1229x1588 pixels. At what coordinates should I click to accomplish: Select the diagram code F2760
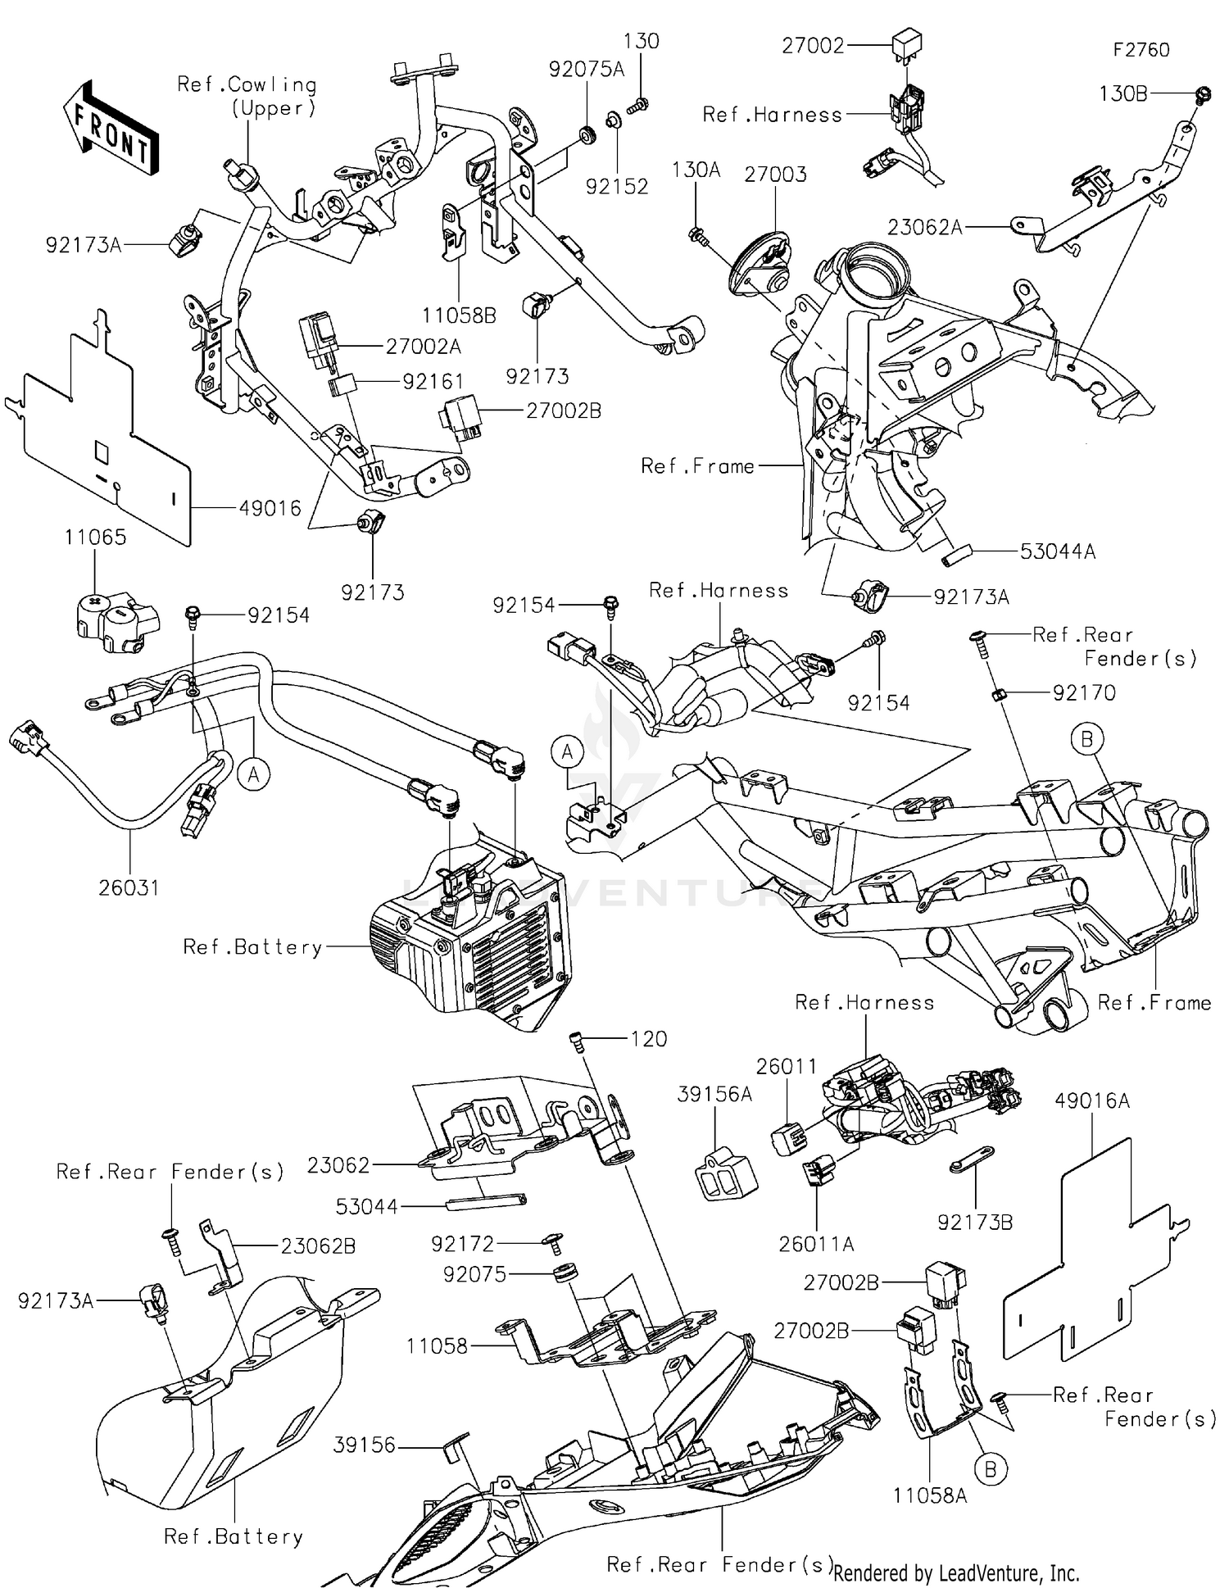click(1141, 50)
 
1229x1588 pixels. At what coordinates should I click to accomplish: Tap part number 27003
click(775, 174)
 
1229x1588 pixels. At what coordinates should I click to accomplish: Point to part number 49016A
click(1091, 1100)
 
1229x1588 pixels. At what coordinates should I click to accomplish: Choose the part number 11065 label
click(96, 537)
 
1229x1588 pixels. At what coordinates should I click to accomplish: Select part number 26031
click(129, 887)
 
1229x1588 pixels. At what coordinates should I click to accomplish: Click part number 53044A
click(1057, 551)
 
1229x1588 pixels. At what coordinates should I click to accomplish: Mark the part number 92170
click(1083, 693)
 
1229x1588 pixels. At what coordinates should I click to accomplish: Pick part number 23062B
click(318, 1245)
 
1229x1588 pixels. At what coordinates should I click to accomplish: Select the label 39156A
click(714, 1094)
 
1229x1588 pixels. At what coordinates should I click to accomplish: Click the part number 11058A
click(929, 1495)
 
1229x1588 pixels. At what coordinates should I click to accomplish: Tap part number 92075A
click(586, 69)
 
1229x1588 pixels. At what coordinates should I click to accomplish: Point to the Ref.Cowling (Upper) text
click(247, 96)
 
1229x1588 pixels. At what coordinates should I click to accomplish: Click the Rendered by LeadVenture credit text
click(955, 1572)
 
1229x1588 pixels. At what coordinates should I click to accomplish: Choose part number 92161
click(433, 381)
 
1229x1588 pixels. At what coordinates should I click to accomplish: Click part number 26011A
click(816, 1244)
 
